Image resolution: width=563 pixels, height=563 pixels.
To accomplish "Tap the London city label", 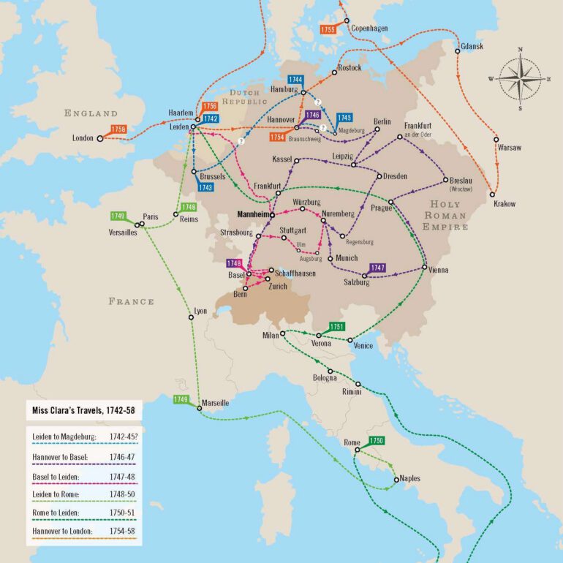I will (83, 137).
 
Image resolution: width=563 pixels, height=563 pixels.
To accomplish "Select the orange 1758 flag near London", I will (118, 129).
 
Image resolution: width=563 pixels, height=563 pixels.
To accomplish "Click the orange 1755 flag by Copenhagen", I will (328, 29).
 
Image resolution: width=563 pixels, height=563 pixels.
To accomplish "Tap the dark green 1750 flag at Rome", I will (376, 441).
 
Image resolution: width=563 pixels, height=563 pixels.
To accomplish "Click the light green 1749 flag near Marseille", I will (181, 398).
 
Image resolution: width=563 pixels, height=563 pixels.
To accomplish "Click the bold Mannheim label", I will (250, 216).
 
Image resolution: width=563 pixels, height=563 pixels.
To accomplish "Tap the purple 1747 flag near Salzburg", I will (377, 268).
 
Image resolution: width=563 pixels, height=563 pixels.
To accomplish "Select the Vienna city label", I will (439, 270).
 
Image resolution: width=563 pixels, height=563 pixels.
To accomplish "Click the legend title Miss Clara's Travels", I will (80, 409).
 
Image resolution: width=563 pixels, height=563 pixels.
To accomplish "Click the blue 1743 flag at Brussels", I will (205, 187).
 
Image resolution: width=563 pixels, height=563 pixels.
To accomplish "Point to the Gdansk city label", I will (472, 47).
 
